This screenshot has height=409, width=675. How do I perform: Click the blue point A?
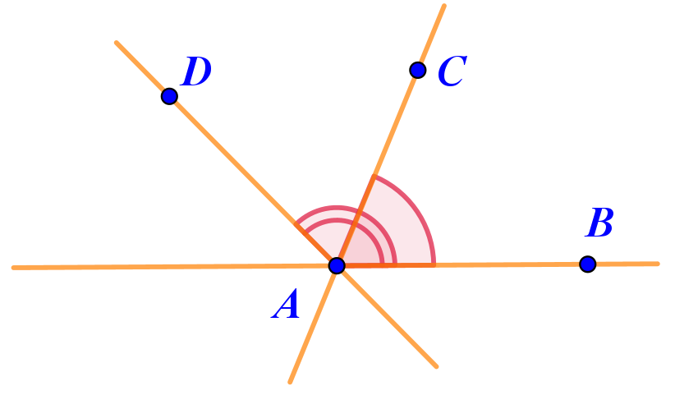coord(337,265)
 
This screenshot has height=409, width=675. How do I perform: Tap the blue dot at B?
coord(588,264)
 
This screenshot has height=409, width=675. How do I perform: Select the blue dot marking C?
coord(418,70)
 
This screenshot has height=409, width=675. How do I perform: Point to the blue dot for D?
coord(170,96)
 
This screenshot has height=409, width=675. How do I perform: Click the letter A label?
coord(286,304)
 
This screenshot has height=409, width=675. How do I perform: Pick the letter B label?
coord(599,223)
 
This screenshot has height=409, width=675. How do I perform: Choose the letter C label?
coord(452,71)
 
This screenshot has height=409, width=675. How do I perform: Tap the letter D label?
coord(196,71)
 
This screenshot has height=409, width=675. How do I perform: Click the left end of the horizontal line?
coord(13,268)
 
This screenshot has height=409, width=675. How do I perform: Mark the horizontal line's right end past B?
coord(658,264)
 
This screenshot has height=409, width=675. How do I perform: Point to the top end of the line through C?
coord(444,6)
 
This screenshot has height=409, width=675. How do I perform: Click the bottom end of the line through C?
coord(290,382)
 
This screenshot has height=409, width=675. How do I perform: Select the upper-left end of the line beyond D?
coord(117,43)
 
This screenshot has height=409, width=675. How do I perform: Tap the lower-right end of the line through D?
coord(437,367)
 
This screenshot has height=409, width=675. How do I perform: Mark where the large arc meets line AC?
coord(374,176)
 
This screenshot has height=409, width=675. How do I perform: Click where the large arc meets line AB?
coord(434,264)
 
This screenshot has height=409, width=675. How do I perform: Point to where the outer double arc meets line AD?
coord(296,224)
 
